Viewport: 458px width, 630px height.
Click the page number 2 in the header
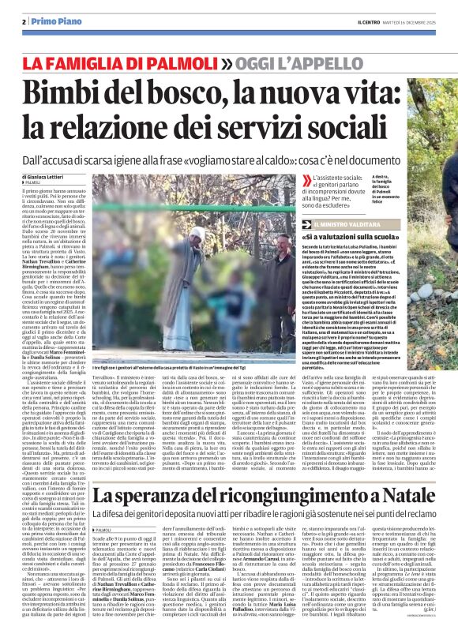click(25, 21)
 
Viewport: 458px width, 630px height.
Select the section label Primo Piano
click(51, 21)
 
